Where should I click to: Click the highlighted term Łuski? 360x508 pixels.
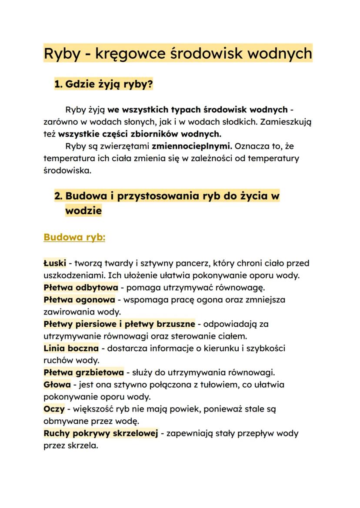pyautogui.click(x=55, y=263)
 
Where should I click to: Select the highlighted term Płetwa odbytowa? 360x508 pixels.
pyautogui.click(x=81, y=287)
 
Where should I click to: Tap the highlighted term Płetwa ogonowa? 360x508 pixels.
pyautogui.click(x=80, y=299)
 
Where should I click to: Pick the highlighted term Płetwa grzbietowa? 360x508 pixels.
pyautogui.click(x=84, y=372)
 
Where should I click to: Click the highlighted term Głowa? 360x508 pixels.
pyautogui.click(x=57, y=385)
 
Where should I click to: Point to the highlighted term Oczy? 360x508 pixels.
pyautogui.click(x=54, y=409)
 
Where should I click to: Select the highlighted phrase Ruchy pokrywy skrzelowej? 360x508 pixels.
pyautogui.click(x=100, y=433)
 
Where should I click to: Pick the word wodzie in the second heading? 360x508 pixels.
pyautogui.click(x=83, y=211)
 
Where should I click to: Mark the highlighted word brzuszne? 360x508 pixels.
pyautogui.click(x=174, y=324)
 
